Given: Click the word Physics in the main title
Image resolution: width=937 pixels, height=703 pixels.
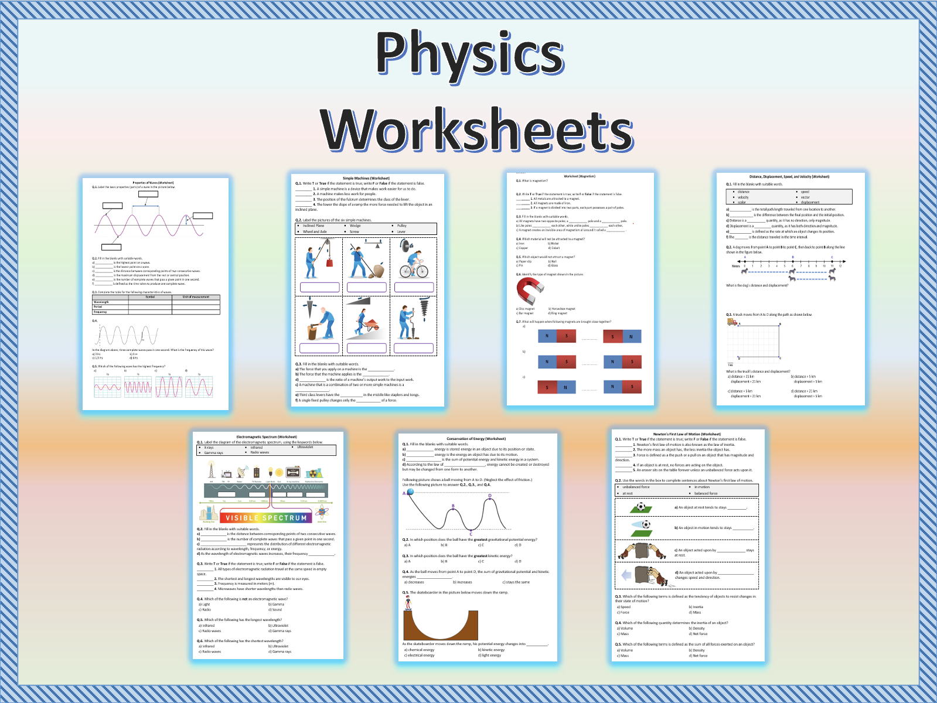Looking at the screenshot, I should (x=470, y=54).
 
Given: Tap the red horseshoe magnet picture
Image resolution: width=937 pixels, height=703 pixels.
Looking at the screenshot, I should (x=530, y=291).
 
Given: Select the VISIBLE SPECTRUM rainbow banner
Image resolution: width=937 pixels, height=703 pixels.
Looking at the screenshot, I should (x=266, y=517).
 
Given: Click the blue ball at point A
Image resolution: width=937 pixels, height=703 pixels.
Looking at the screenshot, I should (x=410, y=492).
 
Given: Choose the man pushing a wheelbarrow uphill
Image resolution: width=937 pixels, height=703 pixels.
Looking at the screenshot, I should (x=366, y=322).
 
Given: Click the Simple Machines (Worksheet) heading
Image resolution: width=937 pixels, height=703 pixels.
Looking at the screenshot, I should (x=366, y=178).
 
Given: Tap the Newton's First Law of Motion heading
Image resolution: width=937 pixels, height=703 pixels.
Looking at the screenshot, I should (x=687, y=434).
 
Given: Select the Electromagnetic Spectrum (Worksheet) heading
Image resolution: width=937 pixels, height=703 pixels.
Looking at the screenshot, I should (x=267, y=436).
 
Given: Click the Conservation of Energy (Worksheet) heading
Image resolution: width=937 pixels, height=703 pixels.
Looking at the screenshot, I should (x=476, y=438).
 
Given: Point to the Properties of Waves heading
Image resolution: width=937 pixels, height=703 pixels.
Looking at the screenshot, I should (x=153, y=183).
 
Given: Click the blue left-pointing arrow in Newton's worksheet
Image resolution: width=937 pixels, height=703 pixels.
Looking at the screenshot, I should (x=626, y=575).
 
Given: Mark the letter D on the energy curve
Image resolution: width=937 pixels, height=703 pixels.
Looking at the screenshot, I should (x=490, y=496).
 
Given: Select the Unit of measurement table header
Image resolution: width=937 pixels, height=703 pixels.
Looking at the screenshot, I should (x=196, y=297).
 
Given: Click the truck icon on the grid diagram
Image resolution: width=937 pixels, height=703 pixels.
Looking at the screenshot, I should (x=732, y=321).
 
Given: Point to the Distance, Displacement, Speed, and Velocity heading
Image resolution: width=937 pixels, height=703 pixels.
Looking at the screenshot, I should (x=789, y=176).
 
